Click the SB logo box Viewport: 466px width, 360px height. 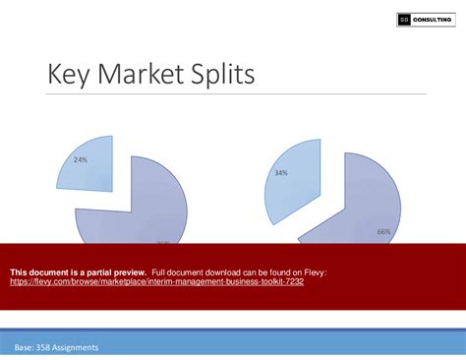point(403,20)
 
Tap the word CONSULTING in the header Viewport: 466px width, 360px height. point(433,20)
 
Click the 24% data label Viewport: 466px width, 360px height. point(80,159)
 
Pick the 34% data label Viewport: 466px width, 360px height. point(281,173)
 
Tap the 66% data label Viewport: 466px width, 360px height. point(382,231)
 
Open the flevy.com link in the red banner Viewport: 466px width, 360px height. point(156,281)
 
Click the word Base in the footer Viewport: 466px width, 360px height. point(25,348)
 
